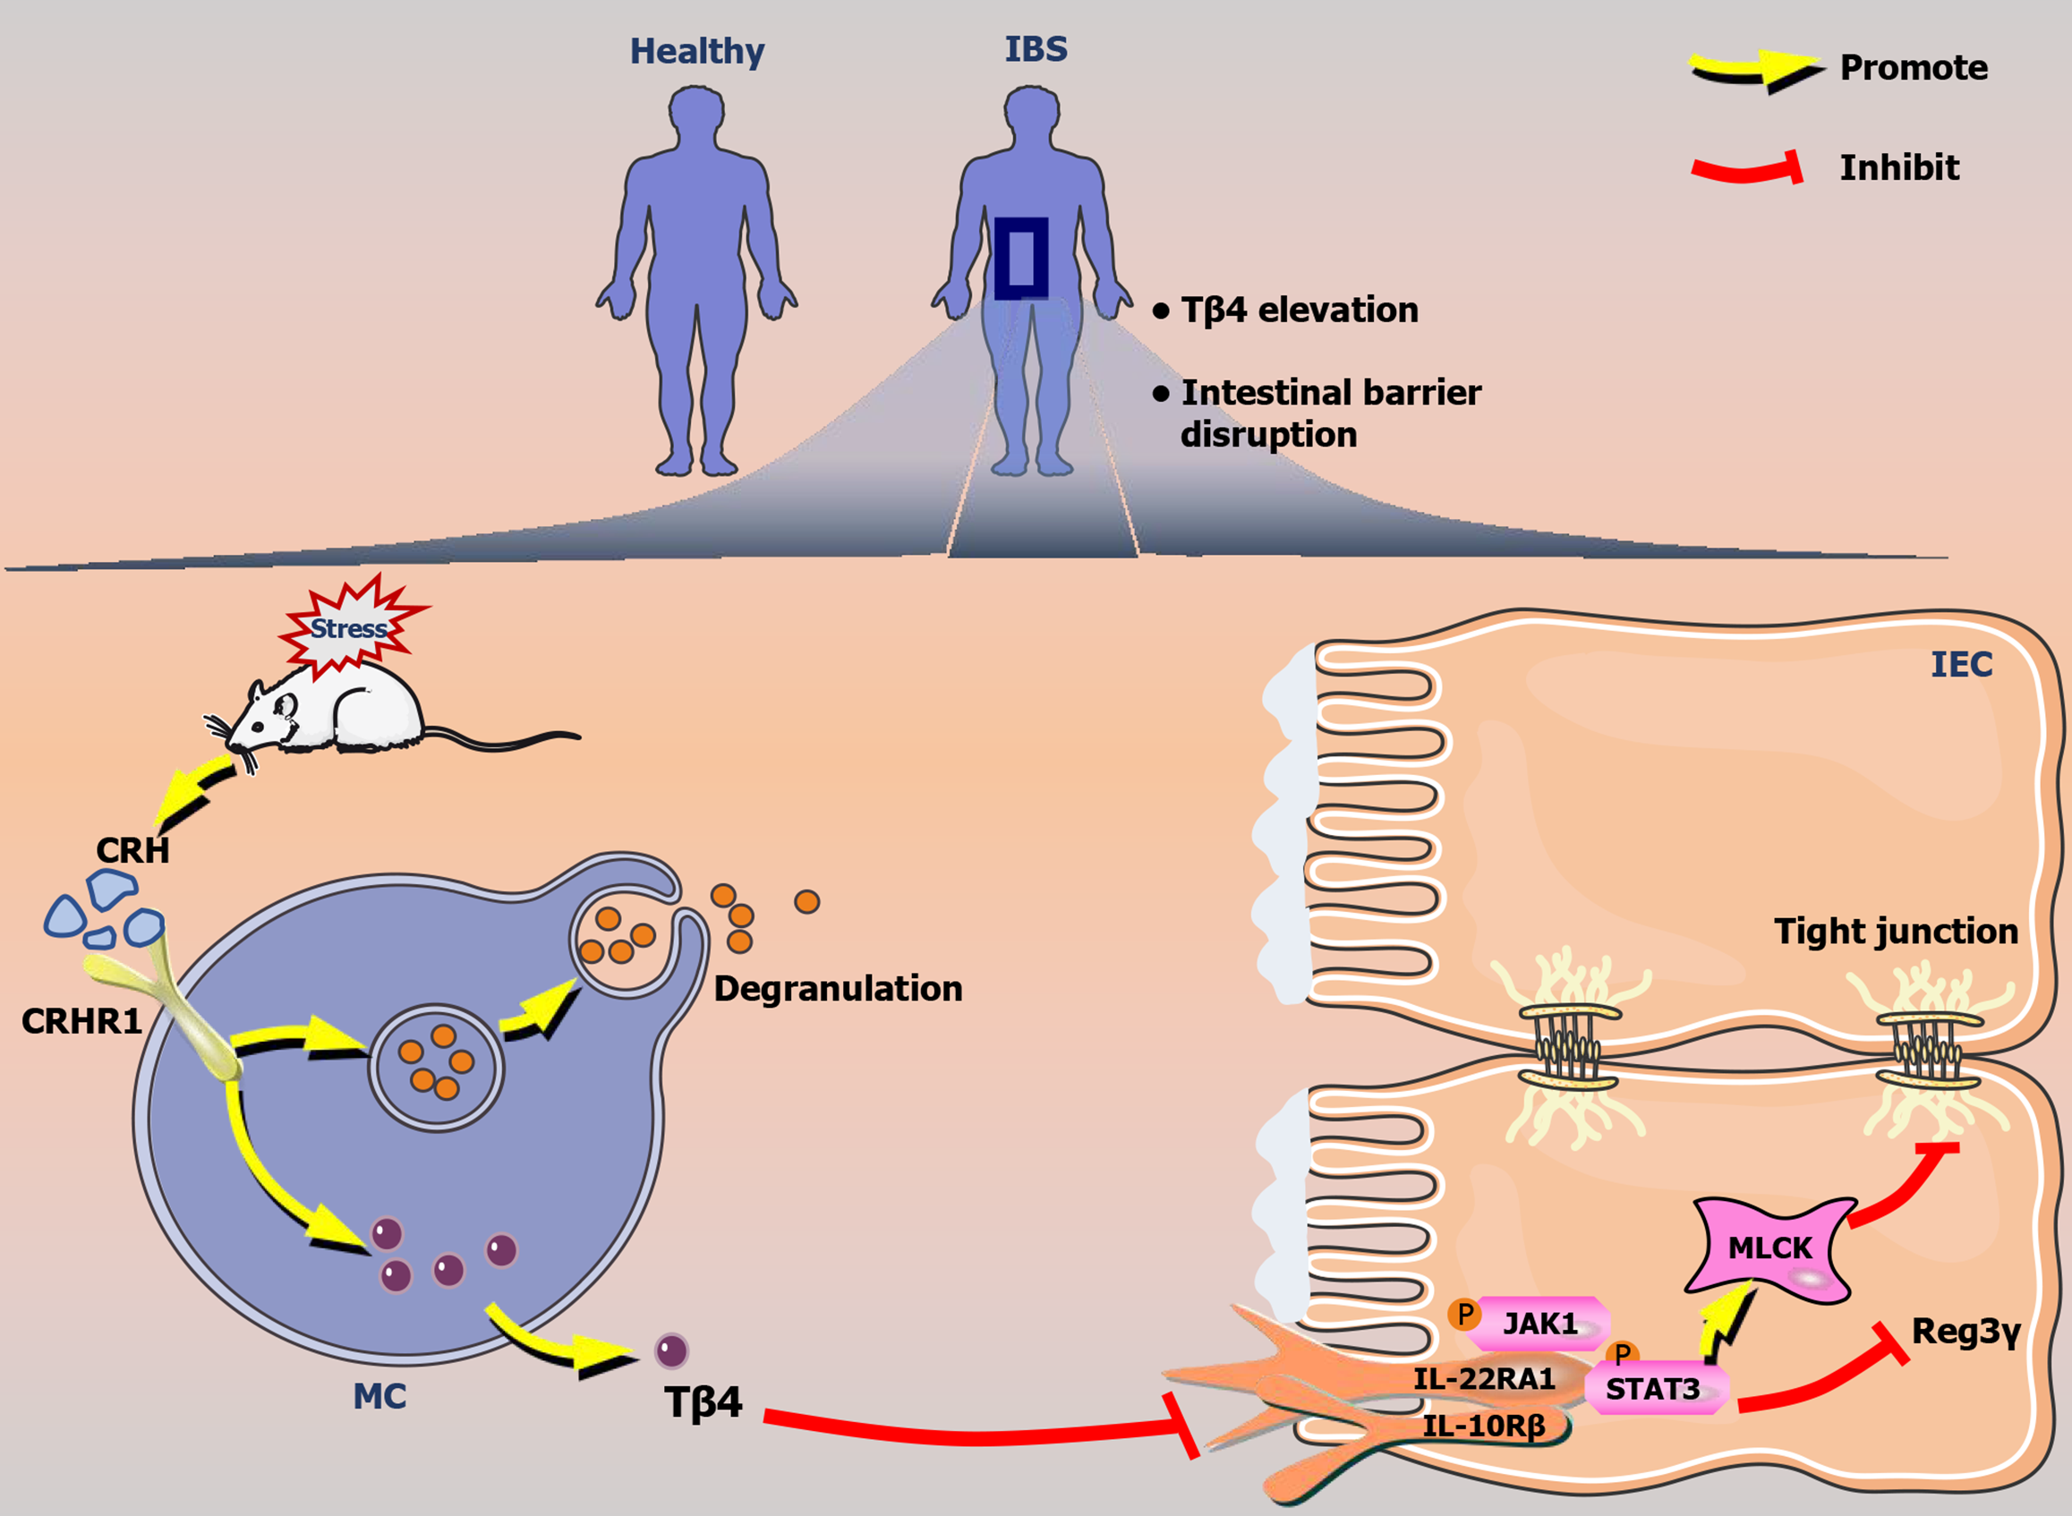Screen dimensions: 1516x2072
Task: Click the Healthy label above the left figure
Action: coord(696,51)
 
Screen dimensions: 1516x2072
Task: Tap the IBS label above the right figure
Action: coord(1036,48)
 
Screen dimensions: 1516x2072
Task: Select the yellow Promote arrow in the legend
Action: coord(1754,72)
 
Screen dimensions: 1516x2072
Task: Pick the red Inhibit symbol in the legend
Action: coord(1747,169)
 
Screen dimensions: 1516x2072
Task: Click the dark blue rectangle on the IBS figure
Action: coord(1021,259)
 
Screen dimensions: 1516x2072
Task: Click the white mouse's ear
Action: coord(285,706)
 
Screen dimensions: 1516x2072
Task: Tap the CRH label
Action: coord(133,851)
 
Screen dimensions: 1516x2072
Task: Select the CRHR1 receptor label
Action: coord(81,1021)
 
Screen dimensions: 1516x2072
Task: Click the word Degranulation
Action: coord(838,989)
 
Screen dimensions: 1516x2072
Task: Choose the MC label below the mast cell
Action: coord(379,1397)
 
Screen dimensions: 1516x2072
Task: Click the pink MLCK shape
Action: coord(1769,1248)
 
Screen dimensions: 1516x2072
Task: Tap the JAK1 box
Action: coord(1540,1324)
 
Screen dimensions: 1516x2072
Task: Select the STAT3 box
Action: coord(1653,1389)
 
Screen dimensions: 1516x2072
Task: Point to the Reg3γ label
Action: coord(1965,1332)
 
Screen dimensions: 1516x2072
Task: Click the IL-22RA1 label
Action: coord(1484,1378)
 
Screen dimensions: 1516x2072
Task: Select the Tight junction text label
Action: coord(1896,932)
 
